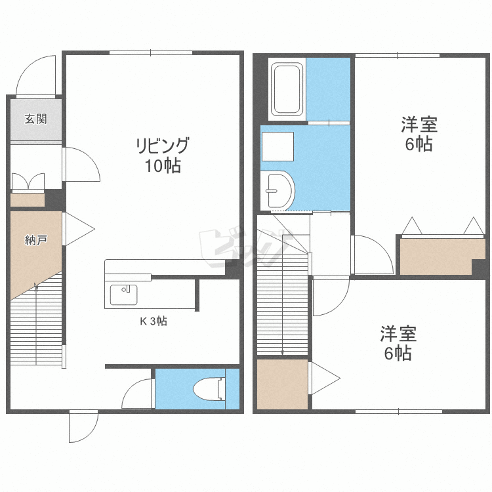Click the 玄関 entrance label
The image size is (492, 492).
(x=36, y=119)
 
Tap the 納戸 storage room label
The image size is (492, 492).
(x=36, y=240)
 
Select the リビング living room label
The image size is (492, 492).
(x=163, y=145)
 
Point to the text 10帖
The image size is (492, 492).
(x=163, y=166)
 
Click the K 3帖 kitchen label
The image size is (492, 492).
(x=154, y=321)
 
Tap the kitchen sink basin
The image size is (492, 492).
(x=123, y=295)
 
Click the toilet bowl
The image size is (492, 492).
(x=209, y=389)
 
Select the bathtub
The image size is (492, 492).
(x=287, y=89)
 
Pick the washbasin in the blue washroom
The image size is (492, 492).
(x=277, y=190)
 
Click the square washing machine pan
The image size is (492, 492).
(x=277, y=146)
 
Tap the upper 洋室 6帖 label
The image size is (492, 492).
(x=419, y=134)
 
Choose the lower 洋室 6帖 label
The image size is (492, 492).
(x=398, y=343)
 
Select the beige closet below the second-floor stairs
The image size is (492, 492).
(x=282, y=384)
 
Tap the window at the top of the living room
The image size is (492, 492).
(x=151, y=52)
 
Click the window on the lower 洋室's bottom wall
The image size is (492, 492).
(x=398, y=411)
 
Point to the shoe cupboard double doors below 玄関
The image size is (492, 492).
(x=28, y=182)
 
